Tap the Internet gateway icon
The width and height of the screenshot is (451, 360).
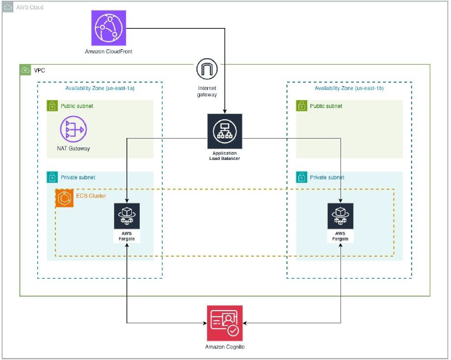[x=207, y=69]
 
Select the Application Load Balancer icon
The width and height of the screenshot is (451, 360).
[x=225, y=131]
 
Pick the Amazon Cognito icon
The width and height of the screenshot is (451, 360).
[x=225, y=323]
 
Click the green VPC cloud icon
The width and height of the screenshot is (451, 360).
[x=25, y=70]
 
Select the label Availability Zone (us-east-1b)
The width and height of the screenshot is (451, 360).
[x=349, y=88]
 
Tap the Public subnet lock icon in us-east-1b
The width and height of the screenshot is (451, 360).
[x=302, y=105]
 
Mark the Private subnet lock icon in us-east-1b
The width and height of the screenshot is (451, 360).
[x=302, y=177]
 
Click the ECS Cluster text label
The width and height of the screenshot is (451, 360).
[x=91, y=196]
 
